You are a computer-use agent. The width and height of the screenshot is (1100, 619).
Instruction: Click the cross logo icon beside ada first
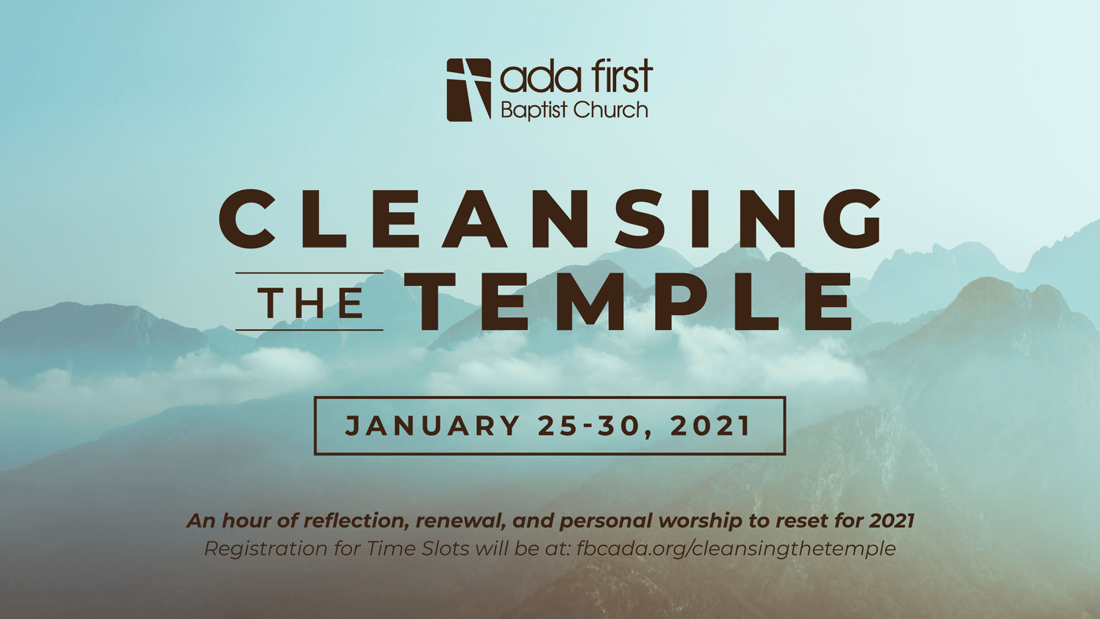tap(468, 90)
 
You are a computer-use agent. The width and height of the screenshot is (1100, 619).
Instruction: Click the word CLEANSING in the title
tap(550, 219)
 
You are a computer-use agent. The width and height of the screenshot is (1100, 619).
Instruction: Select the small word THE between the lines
tap(310, 303)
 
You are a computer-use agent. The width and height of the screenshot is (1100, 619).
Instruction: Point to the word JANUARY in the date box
tap(432, 426)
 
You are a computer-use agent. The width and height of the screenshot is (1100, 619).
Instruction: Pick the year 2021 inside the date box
tap(710, 426)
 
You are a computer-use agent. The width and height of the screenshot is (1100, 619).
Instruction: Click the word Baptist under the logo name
tap(534, 111)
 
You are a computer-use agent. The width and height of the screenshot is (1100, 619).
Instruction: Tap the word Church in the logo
tap(610, 110)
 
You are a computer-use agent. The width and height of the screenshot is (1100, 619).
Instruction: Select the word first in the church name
tap(621, 76)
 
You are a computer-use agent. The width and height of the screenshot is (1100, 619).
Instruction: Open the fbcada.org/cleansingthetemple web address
tap(736, 548)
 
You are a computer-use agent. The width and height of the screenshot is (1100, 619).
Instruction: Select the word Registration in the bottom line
tap(266, 548)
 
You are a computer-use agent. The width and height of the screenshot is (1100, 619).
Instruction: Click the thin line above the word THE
tap(310, 273)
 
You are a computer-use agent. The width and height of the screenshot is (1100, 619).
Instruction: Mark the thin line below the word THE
tap(310, 330)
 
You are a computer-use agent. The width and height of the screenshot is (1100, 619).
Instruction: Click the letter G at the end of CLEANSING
tap(852, 219)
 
